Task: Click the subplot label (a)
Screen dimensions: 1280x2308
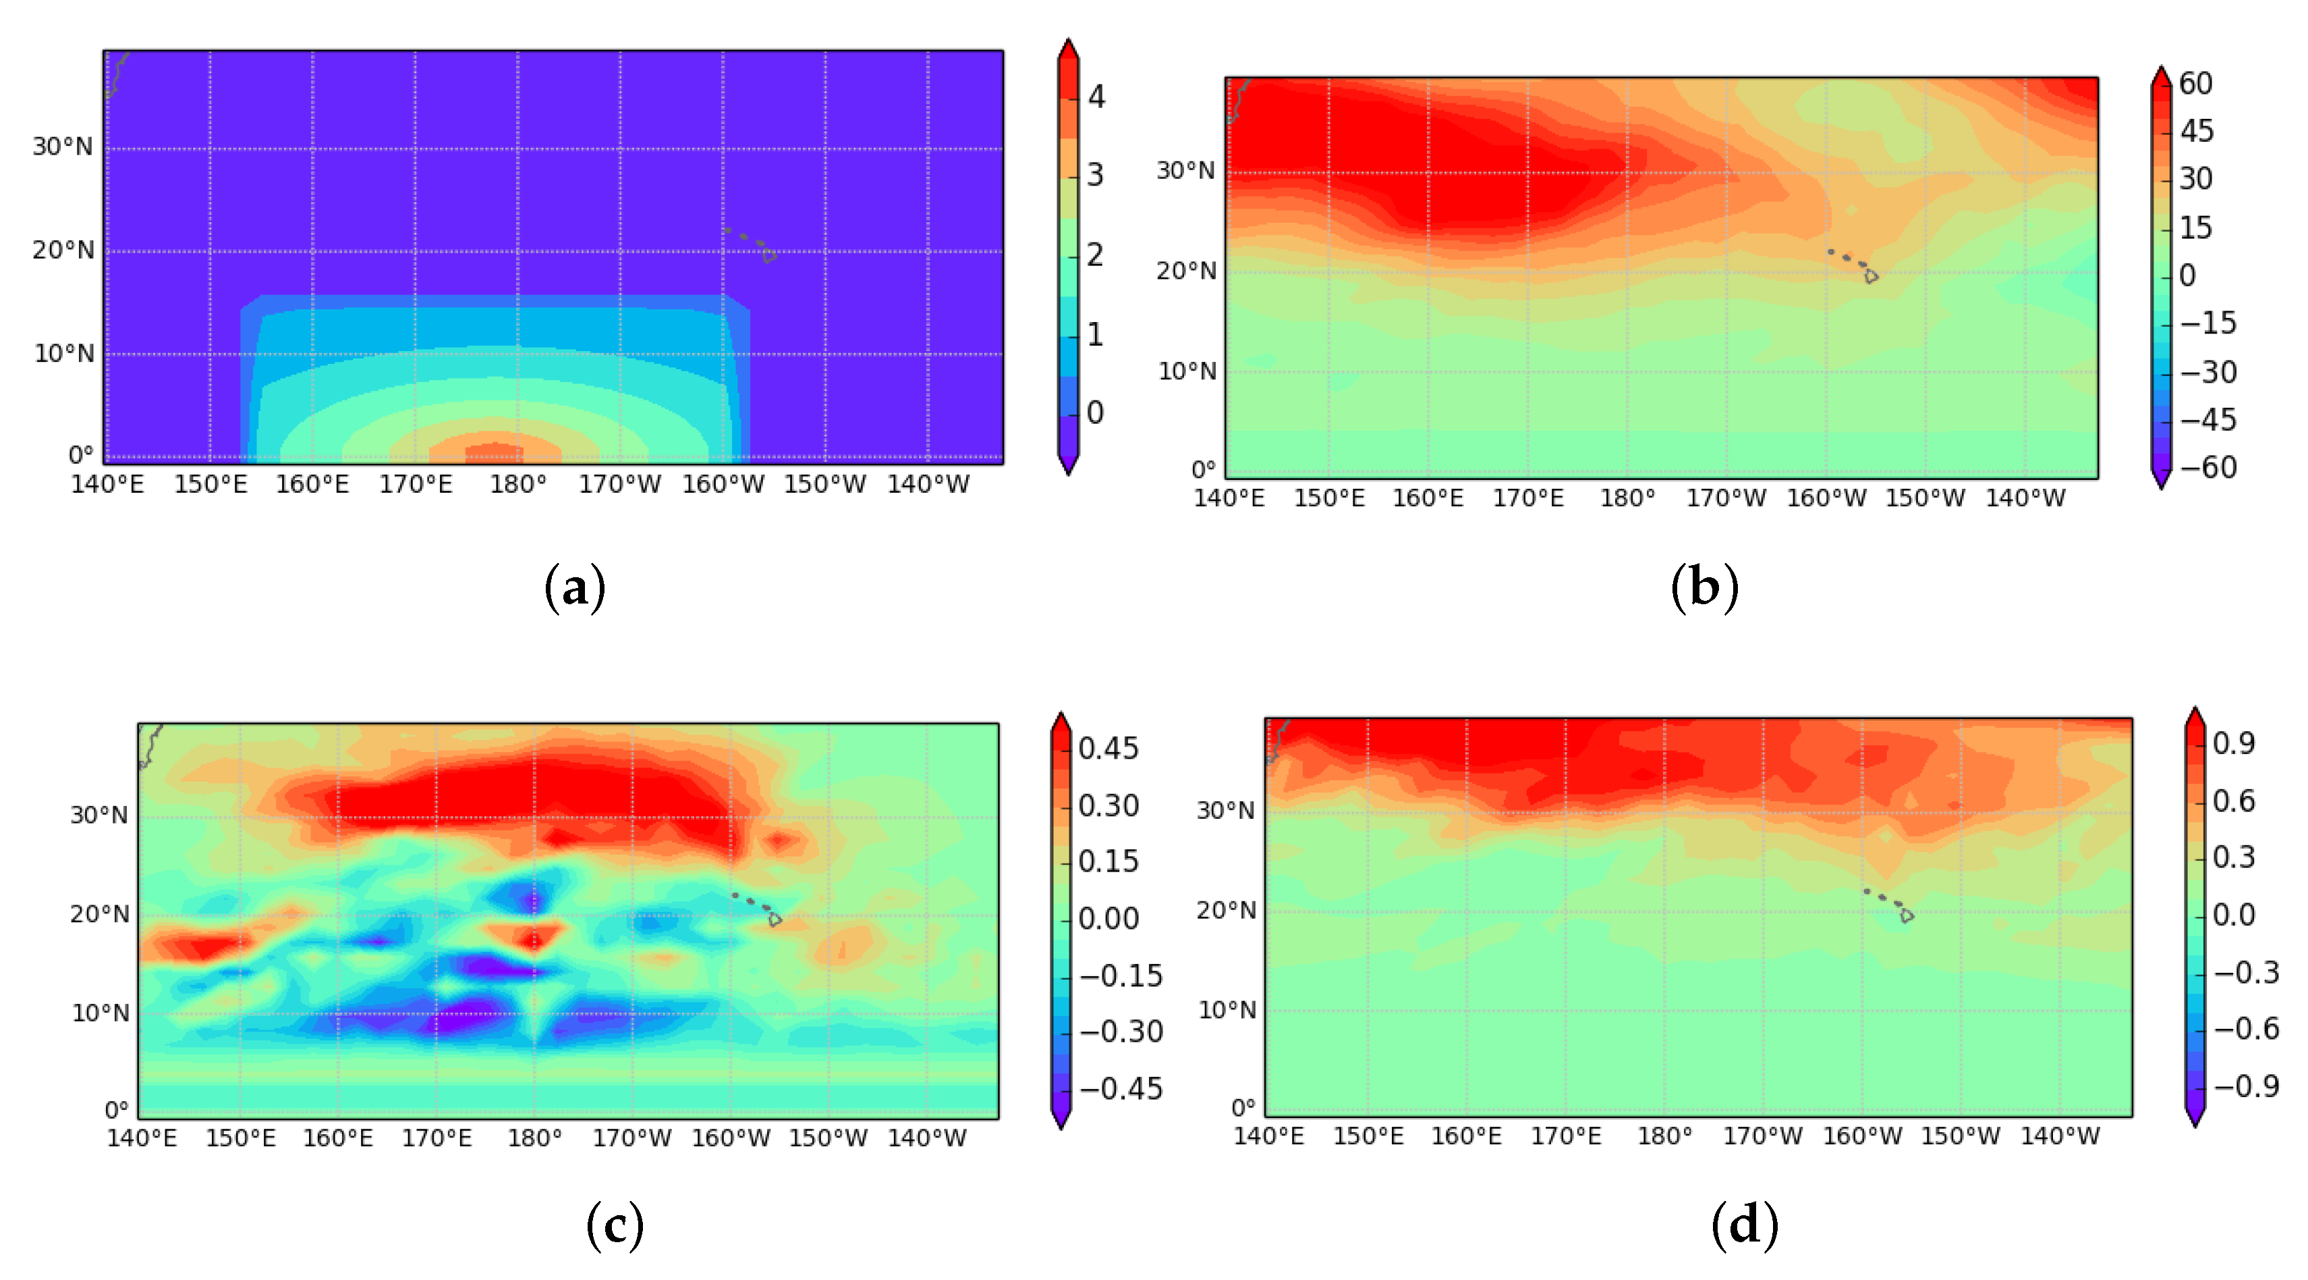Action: [x=575, y=588]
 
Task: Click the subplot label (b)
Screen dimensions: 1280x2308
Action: [x=1704, y=588]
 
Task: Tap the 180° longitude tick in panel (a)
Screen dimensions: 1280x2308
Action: [x=518, y=485]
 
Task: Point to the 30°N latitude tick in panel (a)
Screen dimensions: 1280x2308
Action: [x=63, y=147]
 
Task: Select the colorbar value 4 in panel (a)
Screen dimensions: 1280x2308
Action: [x=1096, y=97]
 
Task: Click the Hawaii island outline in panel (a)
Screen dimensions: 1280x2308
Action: [x=768, y=255]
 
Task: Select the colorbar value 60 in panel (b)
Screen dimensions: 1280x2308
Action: [x=2196, y=83]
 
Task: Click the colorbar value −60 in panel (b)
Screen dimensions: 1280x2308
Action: [x=2207, y=468]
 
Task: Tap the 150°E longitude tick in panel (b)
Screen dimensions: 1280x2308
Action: [x=1328, y=498]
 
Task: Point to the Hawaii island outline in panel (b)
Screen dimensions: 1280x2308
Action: [x=1871, y=276]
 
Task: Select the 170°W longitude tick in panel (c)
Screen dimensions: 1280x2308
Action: [x=631, y=1138]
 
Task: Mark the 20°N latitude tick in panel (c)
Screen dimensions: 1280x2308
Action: [x=99, y=914]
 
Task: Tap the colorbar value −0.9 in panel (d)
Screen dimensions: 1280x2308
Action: [x=2246, y=1086]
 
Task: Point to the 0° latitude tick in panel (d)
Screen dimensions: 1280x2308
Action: [x=1243, y=1108]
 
